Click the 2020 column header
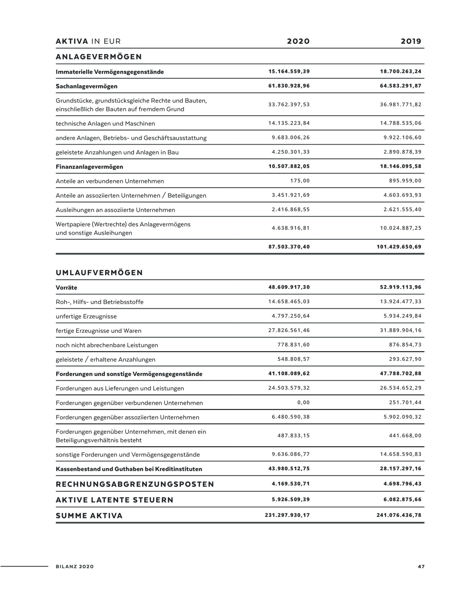click(298, 41)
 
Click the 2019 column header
click(411, 41)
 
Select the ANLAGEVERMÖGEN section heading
click(99, 57)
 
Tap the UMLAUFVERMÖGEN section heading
click(99, 273)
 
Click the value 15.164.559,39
click(289, 72)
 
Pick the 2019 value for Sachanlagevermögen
click(401, 86)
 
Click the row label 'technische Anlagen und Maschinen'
click(105, 124)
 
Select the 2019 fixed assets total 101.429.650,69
click(399, 247)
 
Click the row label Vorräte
click(66, 288)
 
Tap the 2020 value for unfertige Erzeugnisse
click(291, 316)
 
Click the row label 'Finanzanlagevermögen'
click(89, 167)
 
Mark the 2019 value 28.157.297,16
click(401, 469)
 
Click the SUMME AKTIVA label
click(89, 516)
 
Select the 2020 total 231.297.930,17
click(287, 515)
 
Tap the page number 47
click(421, 567)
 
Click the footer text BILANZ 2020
click(74, 567)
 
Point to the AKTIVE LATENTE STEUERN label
click(115, 500)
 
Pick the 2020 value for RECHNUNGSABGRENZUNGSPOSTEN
click(291, 484)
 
